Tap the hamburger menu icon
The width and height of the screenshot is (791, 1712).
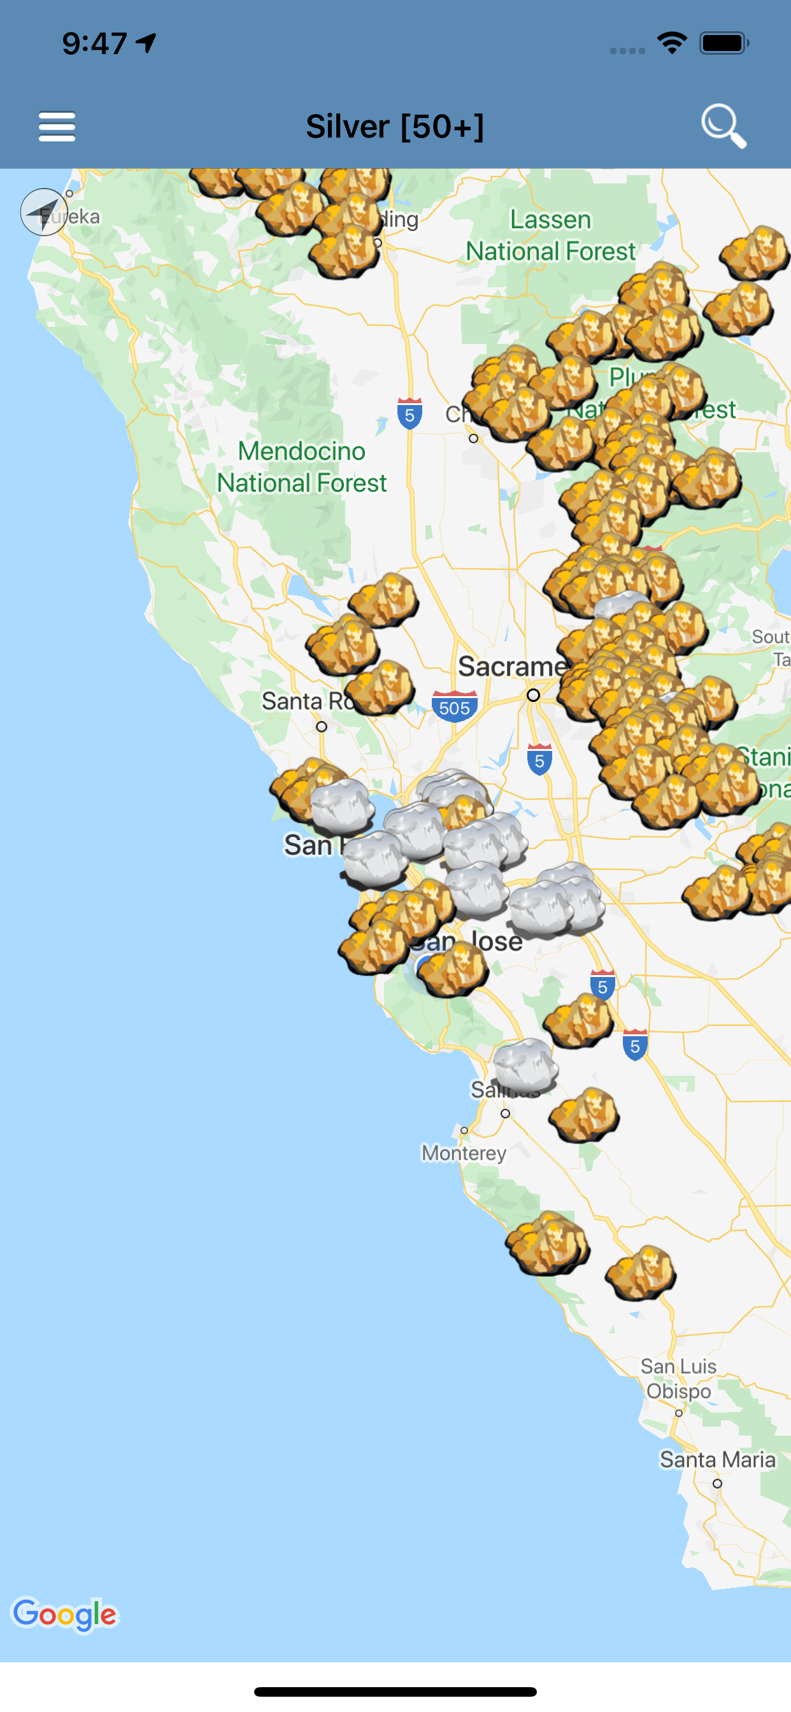[x=57, y=126]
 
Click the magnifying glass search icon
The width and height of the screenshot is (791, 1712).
[x=723, y=125]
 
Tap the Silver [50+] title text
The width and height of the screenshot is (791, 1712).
[x=395, y=126]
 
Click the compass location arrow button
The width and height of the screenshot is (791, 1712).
[x=44, y=212]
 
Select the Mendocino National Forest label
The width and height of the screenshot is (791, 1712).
[x=302, y=467]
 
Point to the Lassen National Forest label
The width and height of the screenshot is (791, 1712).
[x=550, y=235]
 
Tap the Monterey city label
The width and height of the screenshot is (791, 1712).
[x=464, y=1152]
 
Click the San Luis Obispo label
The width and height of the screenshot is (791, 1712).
[x=679, y=1378]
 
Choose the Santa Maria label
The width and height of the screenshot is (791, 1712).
[x=717, y=1459]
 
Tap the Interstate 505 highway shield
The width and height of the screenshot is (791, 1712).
[x=455, y=707]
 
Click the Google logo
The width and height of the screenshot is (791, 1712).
[x=65, y=1614]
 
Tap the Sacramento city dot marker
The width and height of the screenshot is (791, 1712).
[x=533, y=695]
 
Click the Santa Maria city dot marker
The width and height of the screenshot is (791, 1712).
[x=717, y=1483]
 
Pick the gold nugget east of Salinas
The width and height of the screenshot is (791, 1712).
[x=584, y=1115]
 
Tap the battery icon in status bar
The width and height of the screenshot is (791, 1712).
[x=724, y=44]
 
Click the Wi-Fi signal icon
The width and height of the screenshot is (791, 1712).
[x=671, y=43]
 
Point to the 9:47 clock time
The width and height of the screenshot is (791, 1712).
[x=95, y=44]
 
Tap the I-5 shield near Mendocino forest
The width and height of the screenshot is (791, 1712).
[x=410, y=413]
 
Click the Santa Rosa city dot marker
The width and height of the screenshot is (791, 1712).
[x=322, y=727]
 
